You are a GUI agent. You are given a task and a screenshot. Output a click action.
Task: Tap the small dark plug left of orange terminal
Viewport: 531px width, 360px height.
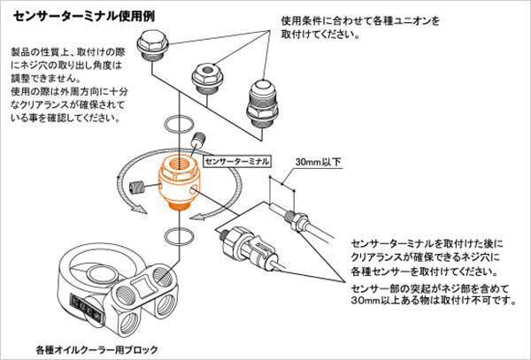coord(136,187)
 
